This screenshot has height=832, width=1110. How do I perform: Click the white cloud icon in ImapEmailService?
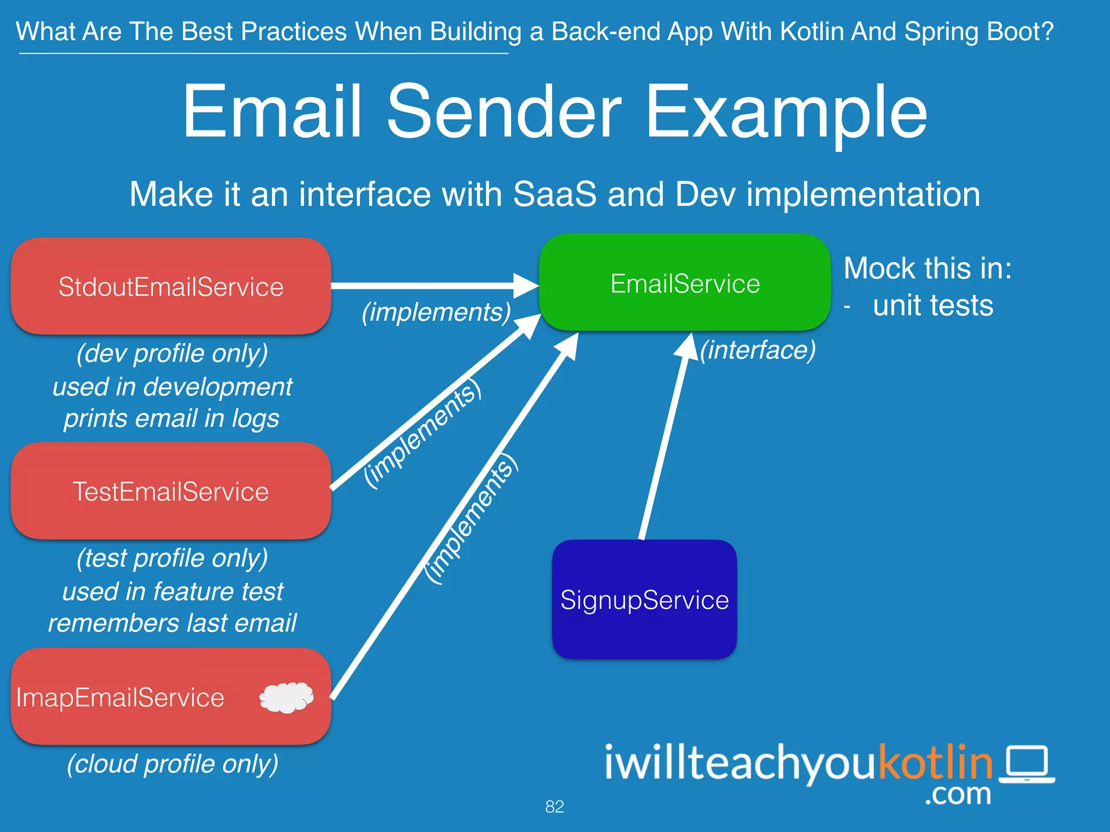287,697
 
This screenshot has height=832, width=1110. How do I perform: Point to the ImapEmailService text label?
120,698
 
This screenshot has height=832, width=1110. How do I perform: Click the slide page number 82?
554,807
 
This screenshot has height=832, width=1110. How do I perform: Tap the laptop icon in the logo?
1027,764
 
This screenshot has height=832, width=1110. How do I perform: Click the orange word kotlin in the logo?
935,762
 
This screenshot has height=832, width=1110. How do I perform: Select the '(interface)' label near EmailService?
757,350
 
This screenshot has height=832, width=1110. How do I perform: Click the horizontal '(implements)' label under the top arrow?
436,313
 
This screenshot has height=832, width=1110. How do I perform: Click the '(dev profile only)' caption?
172,354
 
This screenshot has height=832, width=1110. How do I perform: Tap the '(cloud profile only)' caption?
172,764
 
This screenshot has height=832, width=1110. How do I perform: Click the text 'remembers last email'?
172,623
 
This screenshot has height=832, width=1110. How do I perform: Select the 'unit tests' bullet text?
933,305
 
